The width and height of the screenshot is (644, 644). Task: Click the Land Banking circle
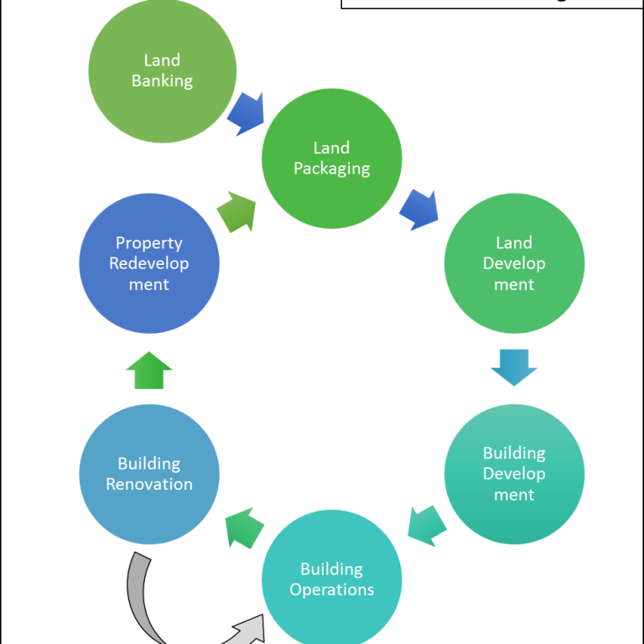(x=162, y=70)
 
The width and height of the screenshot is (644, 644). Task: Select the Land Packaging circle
(x=331, y=158)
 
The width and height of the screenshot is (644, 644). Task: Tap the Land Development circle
(x=513, y=263)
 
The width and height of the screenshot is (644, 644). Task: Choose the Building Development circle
(x=513, y=474)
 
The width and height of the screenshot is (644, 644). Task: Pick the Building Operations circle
(x=331, y=579)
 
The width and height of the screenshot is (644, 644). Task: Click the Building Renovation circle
(x=149, y=474)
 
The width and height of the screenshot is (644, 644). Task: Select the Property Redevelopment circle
(x=149, y=263)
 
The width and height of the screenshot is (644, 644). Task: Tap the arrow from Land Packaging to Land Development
(x=418, y=210)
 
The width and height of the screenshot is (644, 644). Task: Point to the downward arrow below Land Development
(x=513, y=366)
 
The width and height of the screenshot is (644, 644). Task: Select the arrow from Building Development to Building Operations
(x=427, y=525)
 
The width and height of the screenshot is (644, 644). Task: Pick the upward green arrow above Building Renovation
(x=149, y=370)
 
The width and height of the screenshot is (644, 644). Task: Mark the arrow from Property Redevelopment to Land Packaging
(x=236, y=212)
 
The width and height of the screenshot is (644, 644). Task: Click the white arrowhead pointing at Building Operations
(x=251, y=631)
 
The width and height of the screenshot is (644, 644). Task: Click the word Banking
(x=162, y=81)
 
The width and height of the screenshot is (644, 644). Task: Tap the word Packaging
(x=331, y=169)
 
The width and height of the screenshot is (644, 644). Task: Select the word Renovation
(x=149, y=485)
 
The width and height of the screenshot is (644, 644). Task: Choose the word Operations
(x=331, y=589)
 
